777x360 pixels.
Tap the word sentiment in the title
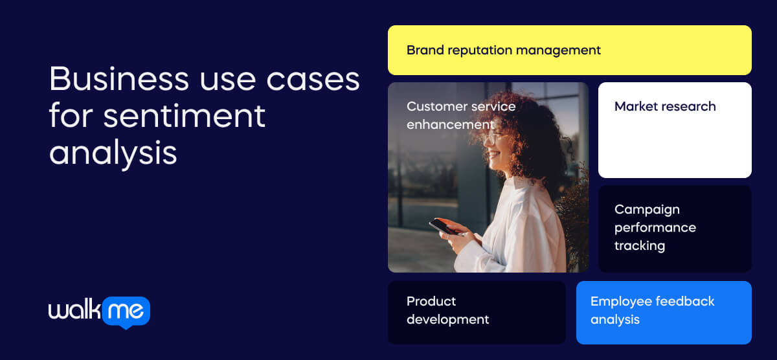pos(185,117)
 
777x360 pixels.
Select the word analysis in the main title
pos(113,153)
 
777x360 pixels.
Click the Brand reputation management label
pos(503,50)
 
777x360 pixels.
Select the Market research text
pos(664,106)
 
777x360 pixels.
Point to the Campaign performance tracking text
pos(655,227)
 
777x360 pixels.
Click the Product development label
pos(447,310)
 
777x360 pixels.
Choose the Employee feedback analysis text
pos(652,310)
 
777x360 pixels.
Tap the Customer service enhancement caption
pos(460,115)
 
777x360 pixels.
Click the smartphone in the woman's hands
pos(444,227)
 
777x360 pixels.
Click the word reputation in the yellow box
pos(480,50)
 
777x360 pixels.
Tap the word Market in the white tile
pos(635,106)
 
